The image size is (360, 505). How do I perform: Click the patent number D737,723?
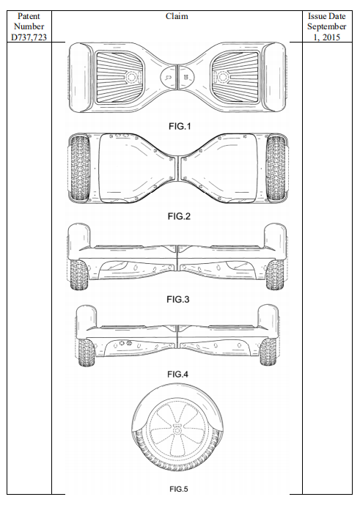pos(29,37)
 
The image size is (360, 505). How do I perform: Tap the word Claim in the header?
pos(177,16)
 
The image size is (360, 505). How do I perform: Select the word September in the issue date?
pos(326,26)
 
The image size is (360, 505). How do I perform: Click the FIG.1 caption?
pos(180,126)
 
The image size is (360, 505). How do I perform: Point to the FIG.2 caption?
pos(179,216)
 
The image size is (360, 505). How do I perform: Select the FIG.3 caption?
pos(178,300)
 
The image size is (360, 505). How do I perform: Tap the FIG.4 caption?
pos(177,375)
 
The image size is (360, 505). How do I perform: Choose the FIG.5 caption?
pos(179,489)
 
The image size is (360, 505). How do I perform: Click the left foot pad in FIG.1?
pos(120,77)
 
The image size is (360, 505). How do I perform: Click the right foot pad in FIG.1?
pos(235,77)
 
